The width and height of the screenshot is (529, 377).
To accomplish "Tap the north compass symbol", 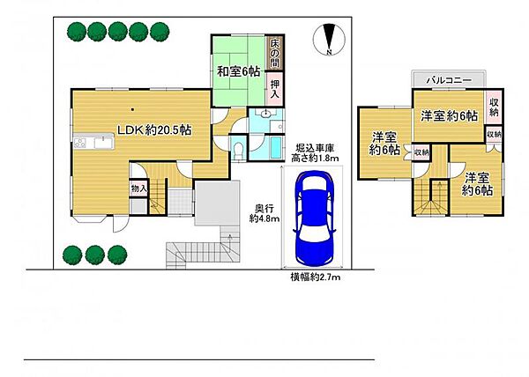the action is (x=329, y=40).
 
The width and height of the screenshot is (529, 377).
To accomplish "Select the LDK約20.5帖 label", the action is (x=154, y=129).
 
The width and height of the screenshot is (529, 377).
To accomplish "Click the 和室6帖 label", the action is (x=238, y=71).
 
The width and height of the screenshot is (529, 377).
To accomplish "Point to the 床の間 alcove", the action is (x=274, y=52).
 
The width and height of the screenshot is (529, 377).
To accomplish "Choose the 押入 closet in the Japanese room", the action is (x=275, y=88).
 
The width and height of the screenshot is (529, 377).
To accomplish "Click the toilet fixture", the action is (x=239, y=149).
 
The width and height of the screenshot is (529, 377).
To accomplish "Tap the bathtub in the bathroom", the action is (x=276, y=147).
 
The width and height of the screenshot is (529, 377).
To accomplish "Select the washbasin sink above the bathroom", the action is (x=266, y=114).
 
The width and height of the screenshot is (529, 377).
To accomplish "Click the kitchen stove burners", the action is (x=80, y=143).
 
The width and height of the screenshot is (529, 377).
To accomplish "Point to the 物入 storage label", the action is (x=138, y=189).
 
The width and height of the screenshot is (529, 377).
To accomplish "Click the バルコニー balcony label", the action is (x=449, y=80).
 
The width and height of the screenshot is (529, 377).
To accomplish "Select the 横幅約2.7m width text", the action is (x=316, y=277).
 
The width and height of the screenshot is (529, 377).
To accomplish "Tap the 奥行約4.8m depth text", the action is (x=264, y=213).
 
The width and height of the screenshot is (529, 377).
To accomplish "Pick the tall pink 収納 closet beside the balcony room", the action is (x=494, y=107).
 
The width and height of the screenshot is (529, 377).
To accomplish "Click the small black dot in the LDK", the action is (x=133, y=109).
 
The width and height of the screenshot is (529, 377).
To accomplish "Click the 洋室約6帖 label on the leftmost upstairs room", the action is (x=384, y=144).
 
